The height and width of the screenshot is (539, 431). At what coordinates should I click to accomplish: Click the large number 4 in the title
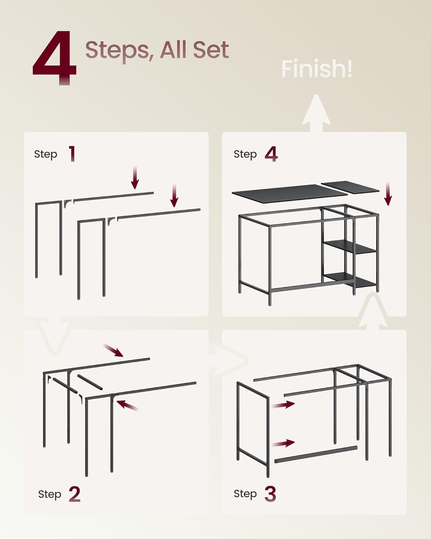[55, 58]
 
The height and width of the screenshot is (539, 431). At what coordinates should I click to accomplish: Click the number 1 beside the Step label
[72, 154]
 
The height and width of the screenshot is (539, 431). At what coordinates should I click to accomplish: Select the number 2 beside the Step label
[75, 494]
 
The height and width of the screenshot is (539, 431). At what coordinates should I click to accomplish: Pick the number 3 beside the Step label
[270, 494]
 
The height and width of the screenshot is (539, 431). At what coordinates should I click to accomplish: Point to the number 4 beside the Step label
[271, 154]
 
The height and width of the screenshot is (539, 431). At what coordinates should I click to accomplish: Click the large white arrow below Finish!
[316, 113]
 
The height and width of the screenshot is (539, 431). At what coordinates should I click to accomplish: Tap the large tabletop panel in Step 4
[290, 193]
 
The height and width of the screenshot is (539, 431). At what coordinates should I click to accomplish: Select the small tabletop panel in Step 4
[350, 186]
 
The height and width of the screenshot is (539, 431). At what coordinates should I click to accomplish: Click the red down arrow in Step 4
[388, 194]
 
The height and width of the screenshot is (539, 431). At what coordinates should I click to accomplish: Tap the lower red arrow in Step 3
[283, 443]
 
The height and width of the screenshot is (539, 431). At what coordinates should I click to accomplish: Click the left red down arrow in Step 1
[135, 177]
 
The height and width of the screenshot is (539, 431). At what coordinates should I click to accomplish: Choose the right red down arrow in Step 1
[174, 195]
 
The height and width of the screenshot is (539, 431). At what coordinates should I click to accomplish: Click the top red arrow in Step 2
[113, 350]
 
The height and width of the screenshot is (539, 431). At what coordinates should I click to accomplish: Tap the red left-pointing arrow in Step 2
[127, 405]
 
